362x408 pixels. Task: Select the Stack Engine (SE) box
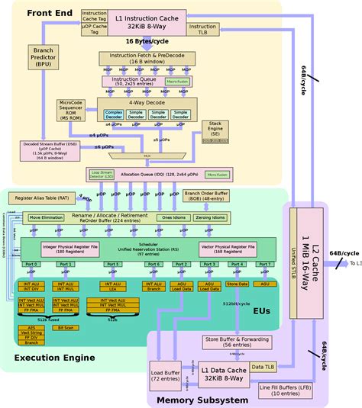[217, 130]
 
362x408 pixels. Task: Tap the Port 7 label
[265, 264]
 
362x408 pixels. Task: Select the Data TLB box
[262, 368]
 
